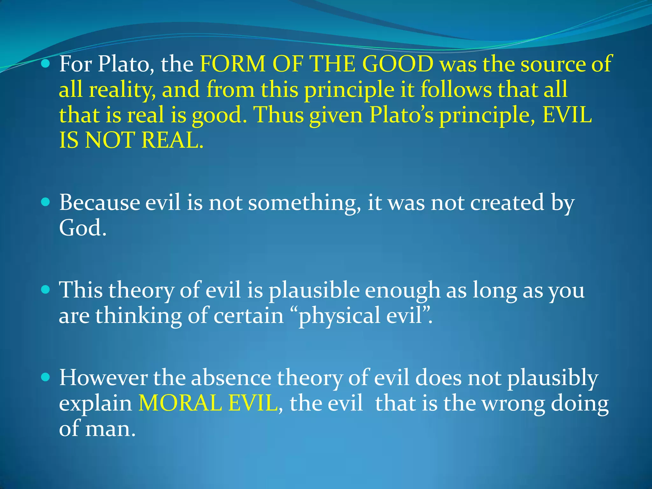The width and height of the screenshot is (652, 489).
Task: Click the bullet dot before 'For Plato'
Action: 46,64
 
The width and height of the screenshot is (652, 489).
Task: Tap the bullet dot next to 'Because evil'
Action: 46,202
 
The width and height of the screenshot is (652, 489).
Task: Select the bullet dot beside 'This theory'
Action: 46,290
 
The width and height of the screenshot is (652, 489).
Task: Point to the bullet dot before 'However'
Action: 46,378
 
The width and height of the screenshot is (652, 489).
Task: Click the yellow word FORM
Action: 232,64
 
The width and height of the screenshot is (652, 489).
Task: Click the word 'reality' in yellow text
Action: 122,90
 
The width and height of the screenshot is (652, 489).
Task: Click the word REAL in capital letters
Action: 172,140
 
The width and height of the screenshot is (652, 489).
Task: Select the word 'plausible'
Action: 314,291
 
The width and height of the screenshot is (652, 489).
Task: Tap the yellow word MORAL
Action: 180,403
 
